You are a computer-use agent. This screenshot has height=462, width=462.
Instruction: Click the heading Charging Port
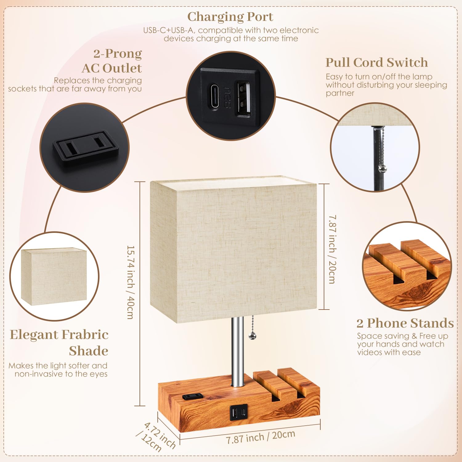pyautogui.click(x=230, y=17)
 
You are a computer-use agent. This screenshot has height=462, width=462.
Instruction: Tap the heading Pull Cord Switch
pyautogui.click(x=377, y=63)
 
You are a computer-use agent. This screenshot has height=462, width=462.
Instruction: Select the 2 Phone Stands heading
pyautogui.click(x=405, y=323)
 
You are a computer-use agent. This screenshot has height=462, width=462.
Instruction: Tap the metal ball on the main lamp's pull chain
pyautogui.click(x=252, y=336)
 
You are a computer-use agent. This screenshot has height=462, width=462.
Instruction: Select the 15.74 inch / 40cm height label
pyautogui.click(x=131, y=282)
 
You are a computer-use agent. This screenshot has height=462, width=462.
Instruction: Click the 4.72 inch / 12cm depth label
pyautogui.click(x=156, y=437)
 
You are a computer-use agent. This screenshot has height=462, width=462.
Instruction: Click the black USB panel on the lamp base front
pyautogui.click(x=238, y=412)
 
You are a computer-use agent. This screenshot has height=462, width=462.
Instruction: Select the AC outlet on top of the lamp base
pyautogui.click(x=192, y=396)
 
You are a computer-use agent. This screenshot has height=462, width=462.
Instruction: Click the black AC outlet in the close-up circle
pyautogui.click(x=86, y=149)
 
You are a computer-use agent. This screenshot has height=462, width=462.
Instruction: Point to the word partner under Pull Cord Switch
pyautogui.click(x=340, y=93)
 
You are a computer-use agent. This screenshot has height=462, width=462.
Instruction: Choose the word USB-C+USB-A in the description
pyautogui.click(x=168, y=30)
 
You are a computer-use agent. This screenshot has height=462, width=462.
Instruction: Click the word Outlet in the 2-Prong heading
pyautogui.click(x=122, y=68)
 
